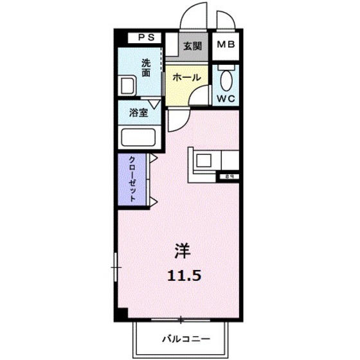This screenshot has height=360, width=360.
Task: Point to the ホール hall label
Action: pyautogui.click(x=186, y=77)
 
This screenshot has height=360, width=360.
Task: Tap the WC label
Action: pyautogui.click(x=226, y=100)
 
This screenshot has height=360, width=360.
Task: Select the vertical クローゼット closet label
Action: pyautogui.click(x=131, y=179)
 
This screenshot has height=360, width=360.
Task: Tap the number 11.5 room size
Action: pyautogui.click(x=184, y=274)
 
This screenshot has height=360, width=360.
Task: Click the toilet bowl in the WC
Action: pyautogui.click(x=226, y=80)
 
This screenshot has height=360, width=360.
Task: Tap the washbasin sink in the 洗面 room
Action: pyautogui.click(x=127, y=85)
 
